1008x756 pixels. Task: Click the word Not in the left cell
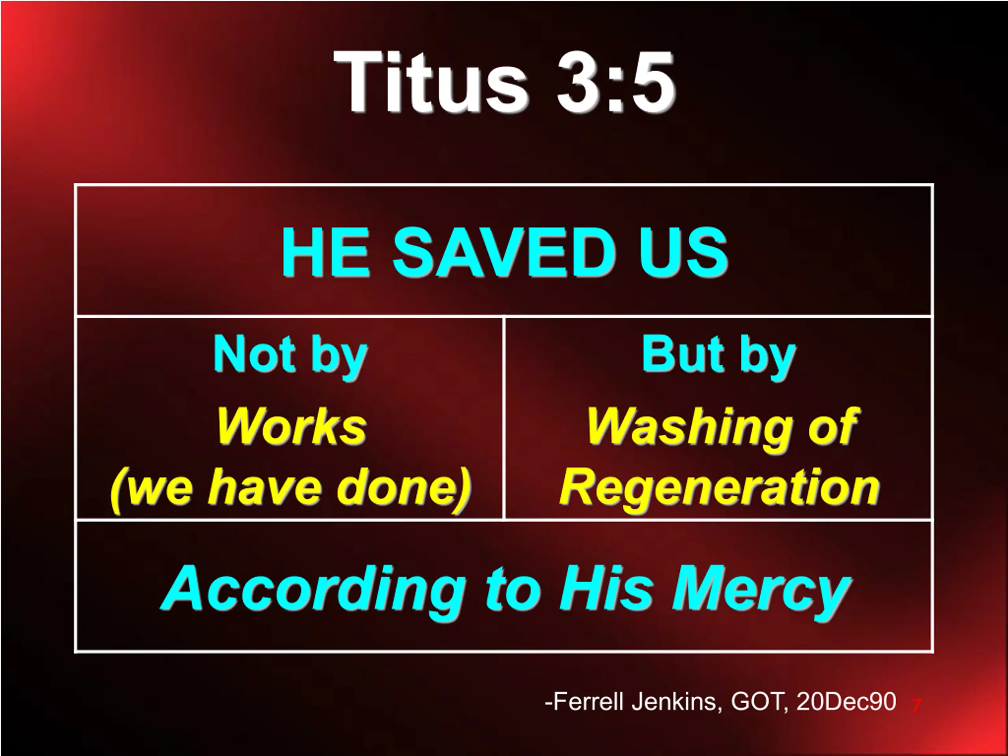point(254,354)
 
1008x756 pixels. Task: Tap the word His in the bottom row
point(606,588)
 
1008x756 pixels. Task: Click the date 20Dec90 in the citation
point(846,702)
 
